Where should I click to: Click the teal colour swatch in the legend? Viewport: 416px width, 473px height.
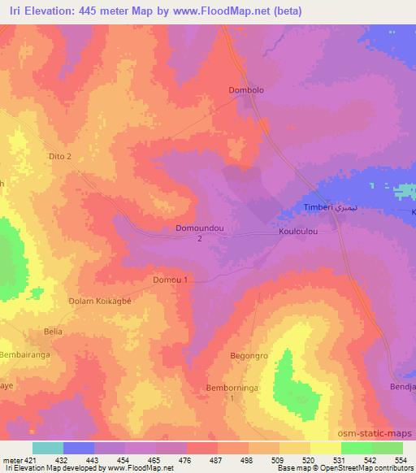pyautogui.click(x=48, y=448)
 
